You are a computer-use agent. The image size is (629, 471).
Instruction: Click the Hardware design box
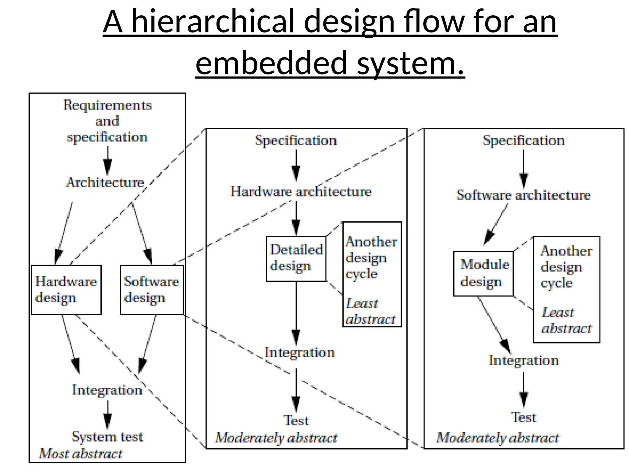66,289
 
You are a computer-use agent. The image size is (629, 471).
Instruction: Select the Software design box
152,289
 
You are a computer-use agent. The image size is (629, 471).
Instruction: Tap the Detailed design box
296,258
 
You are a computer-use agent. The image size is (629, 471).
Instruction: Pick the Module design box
483,274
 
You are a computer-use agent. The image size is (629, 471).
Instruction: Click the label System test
107,436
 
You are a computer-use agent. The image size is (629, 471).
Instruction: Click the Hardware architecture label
301,192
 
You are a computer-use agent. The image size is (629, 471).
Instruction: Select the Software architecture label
523,195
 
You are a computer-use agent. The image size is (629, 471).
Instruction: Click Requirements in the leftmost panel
107,105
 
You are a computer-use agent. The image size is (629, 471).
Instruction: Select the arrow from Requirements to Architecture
107,160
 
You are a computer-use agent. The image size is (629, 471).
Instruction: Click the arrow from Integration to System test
107,414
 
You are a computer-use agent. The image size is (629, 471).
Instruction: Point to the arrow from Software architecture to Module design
495,224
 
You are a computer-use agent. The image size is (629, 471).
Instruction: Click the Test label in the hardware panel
296,420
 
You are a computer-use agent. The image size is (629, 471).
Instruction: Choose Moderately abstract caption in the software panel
498,438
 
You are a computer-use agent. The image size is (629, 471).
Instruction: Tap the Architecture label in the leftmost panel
105,182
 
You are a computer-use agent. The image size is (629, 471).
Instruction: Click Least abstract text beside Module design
566,320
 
